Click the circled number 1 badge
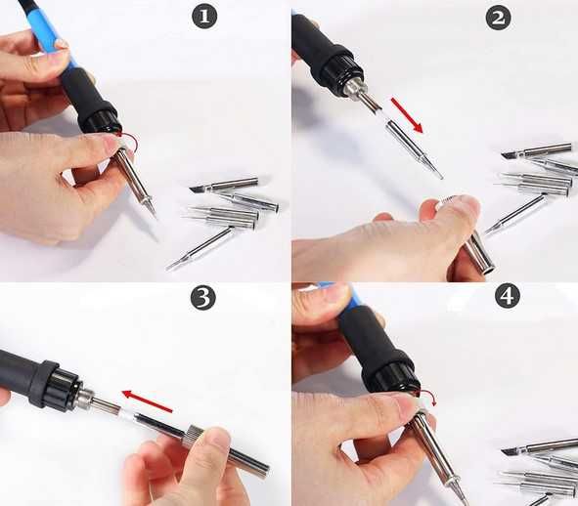pos(204,16)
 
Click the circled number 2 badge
pos(498,18)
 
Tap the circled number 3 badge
pos(202,297)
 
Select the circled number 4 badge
pos(508,295)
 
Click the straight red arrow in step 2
pos(407,114)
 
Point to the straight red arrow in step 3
pos(147,401)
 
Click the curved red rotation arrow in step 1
pos(130,142)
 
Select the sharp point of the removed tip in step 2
pos(442,178)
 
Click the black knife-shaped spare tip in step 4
pos(510,450)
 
